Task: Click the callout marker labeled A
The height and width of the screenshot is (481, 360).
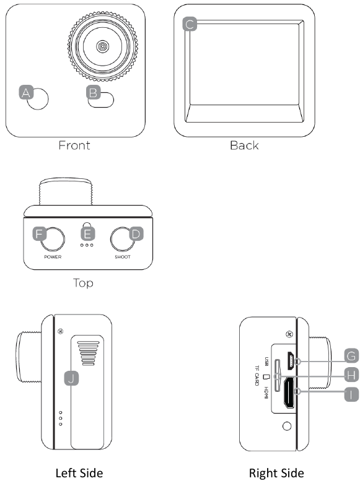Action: (26, 93)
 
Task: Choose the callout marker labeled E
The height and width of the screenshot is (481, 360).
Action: (88, 234)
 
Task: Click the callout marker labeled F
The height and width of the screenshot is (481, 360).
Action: (40, 235)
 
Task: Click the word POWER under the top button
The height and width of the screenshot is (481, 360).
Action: (52, 256)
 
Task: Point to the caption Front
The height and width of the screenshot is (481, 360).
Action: (74, 146)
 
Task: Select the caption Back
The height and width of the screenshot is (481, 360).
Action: (244, 146)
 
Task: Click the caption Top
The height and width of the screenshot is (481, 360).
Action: (83, 283)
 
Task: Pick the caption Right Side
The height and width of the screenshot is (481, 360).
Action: (276, 473)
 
